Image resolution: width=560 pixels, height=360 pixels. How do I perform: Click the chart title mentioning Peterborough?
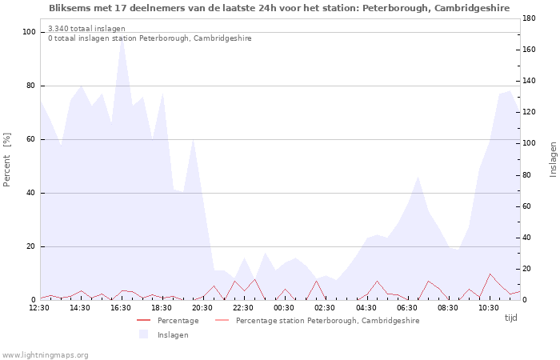pos(279,8)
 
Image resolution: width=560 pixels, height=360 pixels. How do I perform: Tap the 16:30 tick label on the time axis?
pos(121,308)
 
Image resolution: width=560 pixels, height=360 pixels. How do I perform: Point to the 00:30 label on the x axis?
pos(284,308)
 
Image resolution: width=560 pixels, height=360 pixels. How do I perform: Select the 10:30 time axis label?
pos(489,308)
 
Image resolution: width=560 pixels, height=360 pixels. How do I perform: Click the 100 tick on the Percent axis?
pos(29,32)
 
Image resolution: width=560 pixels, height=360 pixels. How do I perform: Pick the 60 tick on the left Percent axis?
pos(31,139)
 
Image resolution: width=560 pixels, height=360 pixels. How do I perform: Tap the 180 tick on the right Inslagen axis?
pos(529,18)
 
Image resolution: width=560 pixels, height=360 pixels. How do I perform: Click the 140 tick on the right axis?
pos(529,81)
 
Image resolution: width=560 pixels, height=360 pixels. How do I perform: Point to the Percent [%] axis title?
pos(6,160)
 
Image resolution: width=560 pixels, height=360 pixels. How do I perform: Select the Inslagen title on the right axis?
pos(553,159)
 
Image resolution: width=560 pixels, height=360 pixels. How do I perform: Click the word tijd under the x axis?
pos(510,318)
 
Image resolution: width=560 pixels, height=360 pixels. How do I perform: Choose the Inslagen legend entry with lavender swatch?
pos(164,334)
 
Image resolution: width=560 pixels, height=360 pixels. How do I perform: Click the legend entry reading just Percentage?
pos(168,320)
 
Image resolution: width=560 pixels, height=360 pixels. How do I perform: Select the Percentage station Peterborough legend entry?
pos(318,320)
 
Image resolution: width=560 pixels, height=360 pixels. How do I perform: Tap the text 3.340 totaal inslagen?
pos(86,29)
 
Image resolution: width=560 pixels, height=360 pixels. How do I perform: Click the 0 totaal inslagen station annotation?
pos(150,38)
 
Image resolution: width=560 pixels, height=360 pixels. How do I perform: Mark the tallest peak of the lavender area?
pos(122,38)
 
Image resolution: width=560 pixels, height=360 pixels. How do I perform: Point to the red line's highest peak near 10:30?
pos(490,274)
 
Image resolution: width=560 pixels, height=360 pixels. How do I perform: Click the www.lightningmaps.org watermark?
pos(45,355)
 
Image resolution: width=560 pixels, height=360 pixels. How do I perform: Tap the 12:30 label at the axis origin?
pos(39,308)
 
